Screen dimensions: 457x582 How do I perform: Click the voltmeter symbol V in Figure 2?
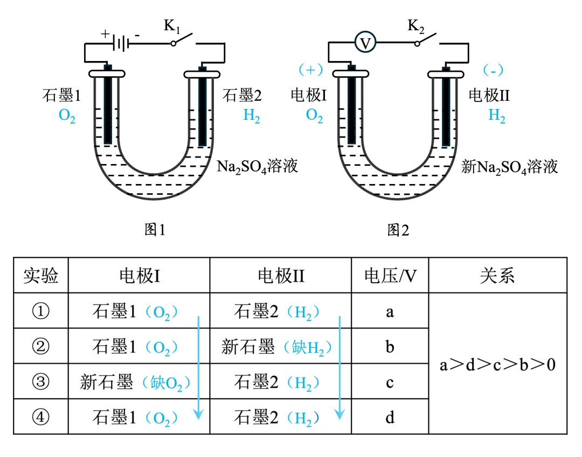point(365,43)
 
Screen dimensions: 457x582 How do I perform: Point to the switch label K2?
point(415,26)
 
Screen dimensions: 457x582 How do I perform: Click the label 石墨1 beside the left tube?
point(61,96)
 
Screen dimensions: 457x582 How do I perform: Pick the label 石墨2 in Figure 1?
point(242,96)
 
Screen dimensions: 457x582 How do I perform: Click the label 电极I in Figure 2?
point(309,96)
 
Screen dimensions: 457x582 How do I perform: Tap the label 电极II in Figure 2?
point(489,96)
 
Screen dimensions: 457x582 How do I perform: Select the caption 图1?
point(155,230)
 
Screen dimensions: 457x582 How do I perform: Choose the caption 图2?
point(398,230)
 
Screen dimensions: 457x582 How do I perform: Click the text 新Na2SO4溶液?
point(509,166)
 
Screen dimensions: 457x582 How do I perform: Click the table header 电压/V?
point(390,276)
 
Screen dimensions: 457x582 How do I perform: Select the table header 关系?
point(497,276)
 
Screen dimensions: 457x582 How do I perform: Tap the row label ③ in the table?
point(41,382)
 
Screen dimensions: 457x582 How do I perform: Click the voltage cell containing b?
point(390,346)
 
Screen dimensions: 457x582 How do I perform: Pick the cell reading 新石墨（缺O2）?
point(135,383)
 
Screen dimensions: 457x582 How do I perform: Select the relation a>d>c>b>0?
point(497,365)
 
